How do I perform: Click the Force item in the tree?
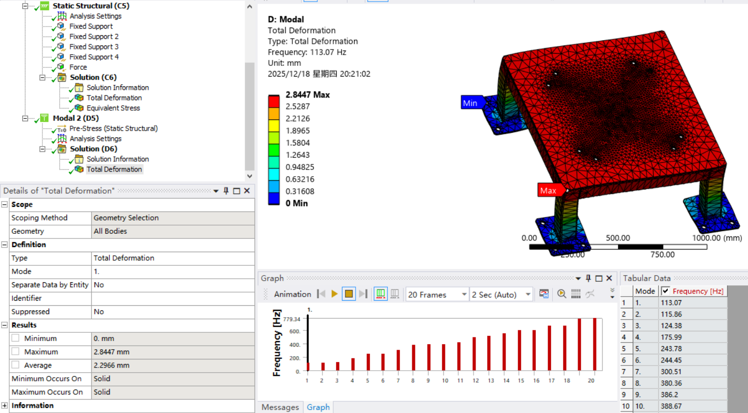pyautogui.click(x=78, y=67)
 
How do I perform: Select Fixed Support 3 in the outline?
pyautogui.click(x=94, y=46)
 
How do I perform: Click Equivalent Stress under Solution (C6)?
pyautogui.click(x=113, y=108)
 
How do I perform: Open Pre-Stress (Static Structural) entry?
pyautogui.click(x=113, y=128)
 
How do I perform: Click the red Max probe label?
pyautogui.click(x=548, y=190)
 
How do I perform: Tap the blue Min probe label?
pyautogui.click(x=470, y=103)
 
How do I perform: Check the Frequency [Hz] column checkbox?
pyautogui.click(x=665, y=291)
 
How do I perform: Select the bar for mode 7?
pyautogui.click(x=398, y=360)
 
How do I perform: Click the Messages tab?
pyautogui.click(x=280, y=407)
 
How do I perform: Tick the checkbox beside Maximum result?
pyautogui.click(x=16, y=352)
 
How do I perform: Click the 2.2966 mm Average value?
pyautogui.click(x=111, y=365)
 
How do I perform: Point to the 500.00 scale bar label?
pyautogui.click(x=618, y=238)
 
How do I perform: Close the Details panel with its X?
pyautogui.click(x=247, y=190)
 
